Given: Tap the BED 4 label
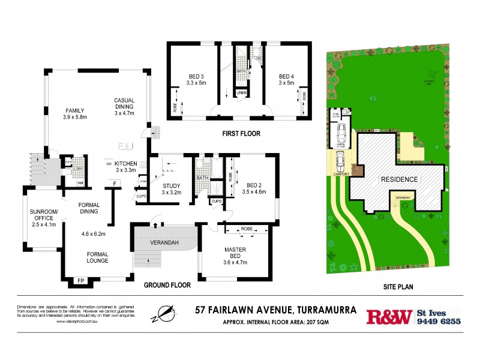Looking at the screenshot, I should point(285,76).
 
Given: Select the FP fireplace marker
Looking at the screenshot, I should point(79,281).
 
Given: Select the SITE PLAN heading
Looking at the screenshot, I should point(398,287).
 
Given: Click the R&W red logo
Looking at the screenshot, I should point(389,316).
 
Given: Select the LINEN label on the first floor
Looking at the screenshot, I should point(241,93).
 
